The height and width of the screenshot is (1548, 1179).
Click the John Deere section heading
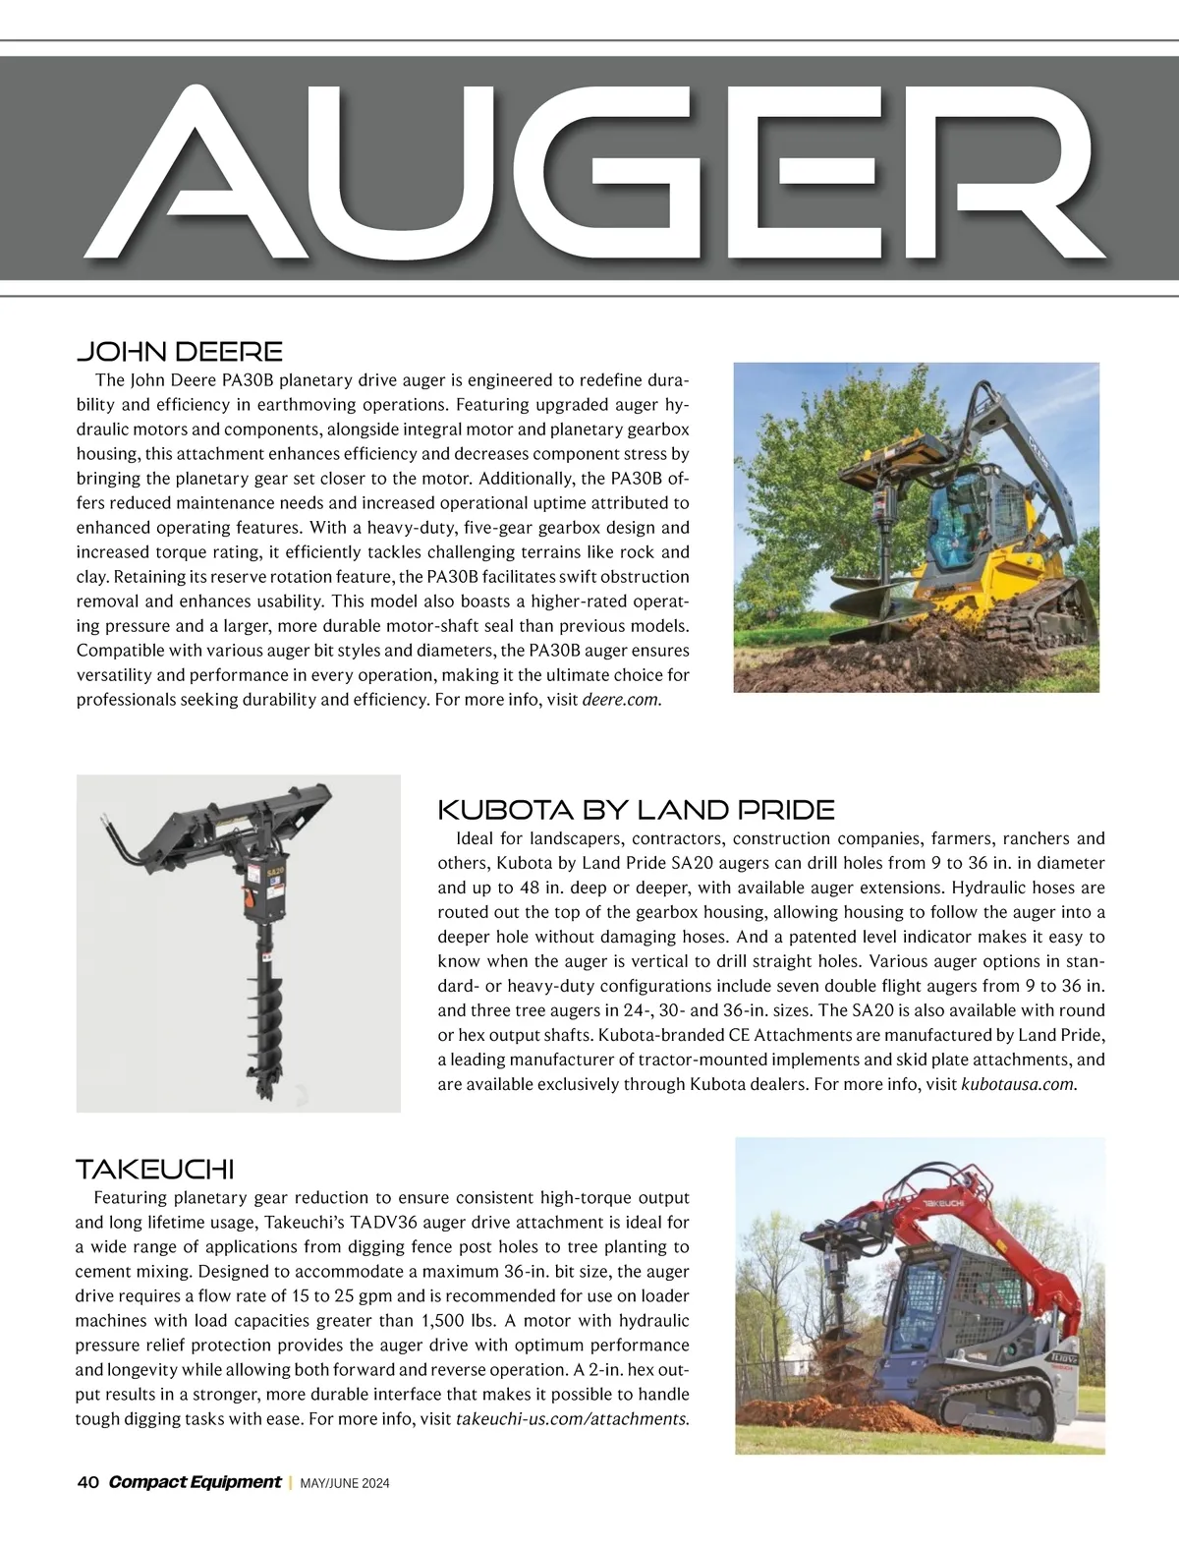(x=179, y=351)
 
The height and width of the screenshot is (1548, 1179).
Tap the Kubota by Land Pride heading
(x=636, y=810)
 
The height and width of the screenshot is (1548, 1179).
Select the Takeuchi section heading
(x=154, y=1170)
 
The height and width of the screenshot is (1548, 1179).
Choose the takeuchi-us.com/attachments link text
(x=572, y=1419)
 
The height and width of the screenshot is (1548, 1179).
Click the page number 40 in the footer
(x=86, y=1482)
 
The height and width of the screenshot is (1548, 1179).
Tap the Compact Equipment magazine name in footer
(x=195, y=1482)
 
